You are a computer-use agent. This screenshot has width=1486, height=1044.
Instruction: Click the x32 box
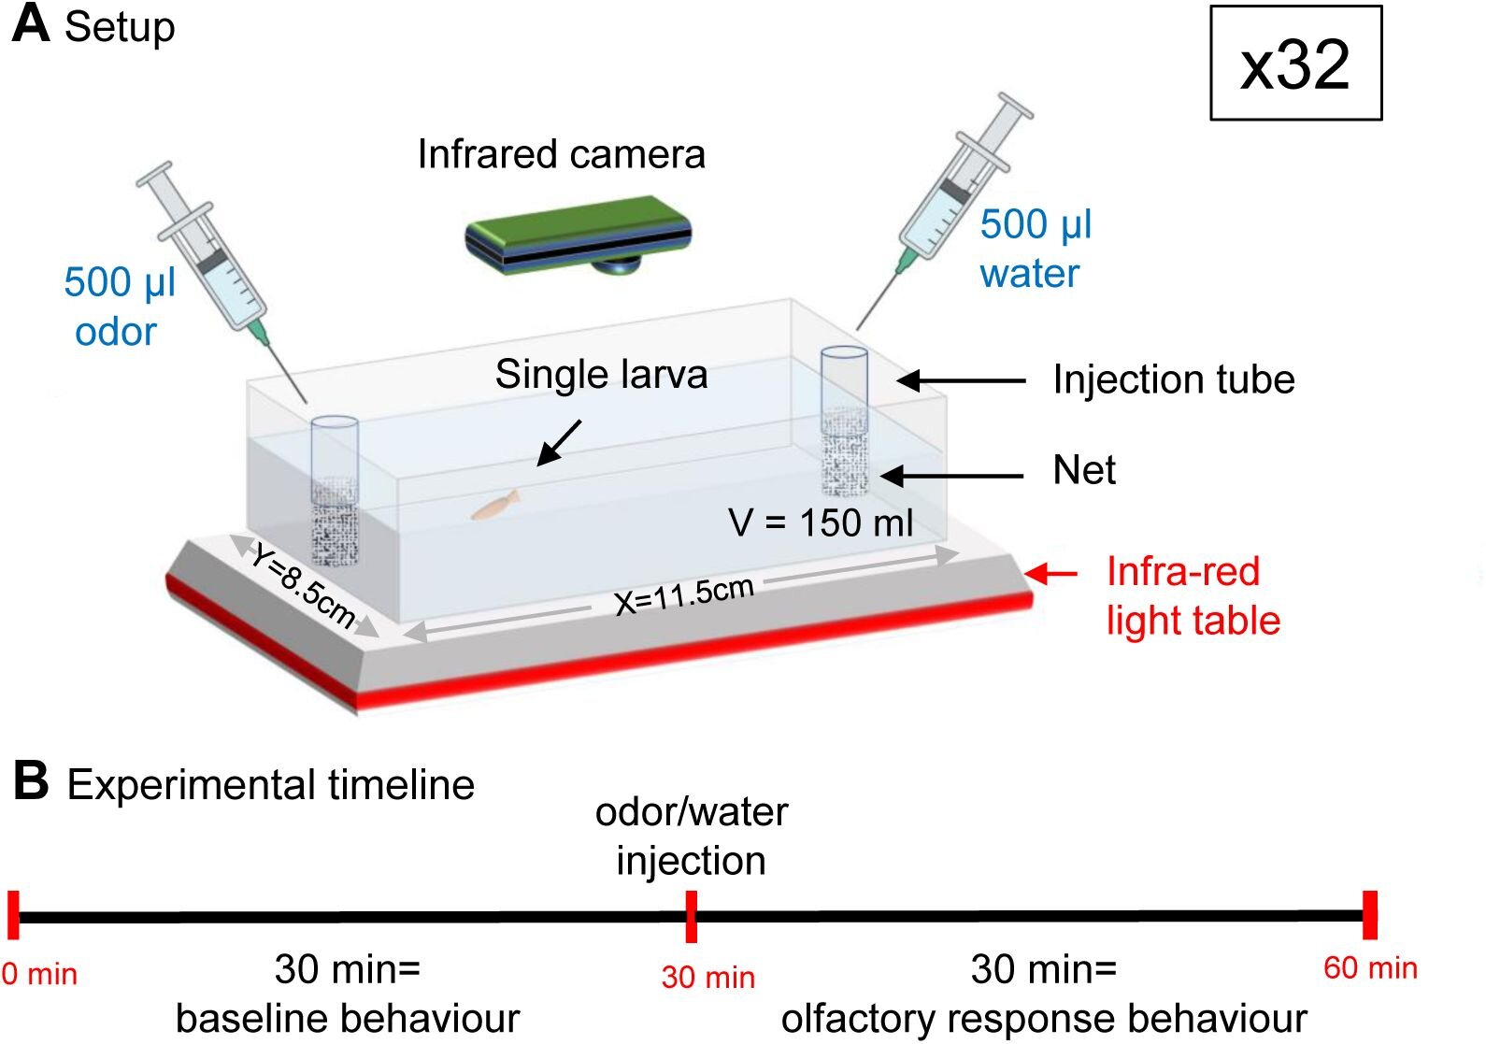point(1295,64)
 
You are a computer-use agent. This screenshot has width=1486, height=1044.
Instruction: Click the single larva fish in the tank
point(495,505)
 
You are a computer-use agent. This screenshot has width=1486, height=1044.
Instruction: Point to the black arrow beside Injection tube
point(961,380)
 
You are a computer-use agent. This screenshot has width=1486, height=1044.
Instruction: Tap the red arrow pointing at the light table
point(1051,573)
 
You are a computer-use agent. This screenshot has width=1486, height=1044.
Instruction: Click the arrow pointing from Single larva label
point(559,442)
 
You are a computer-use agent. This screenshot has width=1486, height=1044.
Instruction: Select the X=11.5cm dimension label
point(684,594)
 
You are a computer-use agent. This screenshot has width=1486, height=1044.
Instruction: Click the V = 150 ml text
point(821,522)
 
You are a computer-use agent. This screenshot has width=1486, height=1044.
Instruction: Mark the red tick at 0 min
point(13,915)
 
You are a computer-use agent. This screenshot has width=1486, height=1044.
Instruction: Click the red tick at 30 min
point(691,916)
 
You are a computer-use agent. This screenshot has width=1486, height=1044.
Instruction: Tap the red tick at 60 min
point(1370,915)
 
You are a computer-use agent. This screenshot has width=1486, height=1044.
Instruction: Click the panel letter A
point(30,23)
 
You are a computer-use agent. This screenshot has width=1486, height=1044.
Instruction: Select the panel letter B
point(30,781)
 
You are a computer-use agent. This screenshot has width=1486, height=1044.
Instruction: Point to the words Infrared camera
point(561,154)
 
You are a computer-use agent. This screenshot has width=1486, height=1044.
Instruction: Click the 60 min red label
point(1370,968)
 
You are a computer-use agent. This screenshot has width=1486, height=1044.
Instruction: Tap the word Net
point(1084,470)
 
